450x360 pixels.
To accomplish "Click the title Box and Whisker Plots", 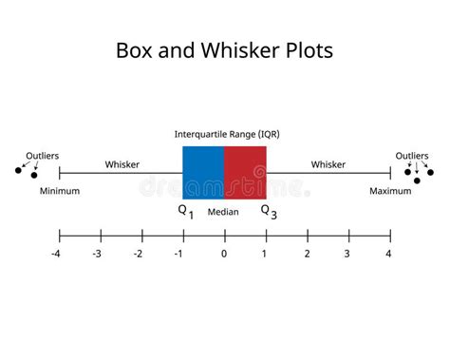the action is [x=224, y=50].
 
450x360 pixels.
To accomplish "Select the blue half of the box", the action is [x=203, y=172].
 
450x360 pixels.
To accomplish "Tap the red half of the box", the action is [x=245, y=172].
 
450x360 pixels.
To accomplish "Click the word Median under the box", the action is [x=224, y=212].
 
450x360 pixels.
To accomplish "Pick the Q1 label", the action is [x=186, y=212].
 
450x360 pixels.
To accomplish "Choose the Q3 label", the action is [x=270, y=212].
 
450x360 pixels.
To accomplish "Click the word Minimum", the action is [x=60, y=191].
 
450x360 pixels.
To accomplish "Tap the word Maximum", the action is [x=390, y=191].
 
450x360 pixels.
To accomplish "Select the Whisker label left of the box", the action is [x=122, y=164].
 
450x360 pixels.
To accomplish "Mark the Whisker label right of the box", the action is [x=328, y=164].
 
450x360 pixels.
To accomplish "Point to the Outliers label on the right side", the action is [x=412, y=155].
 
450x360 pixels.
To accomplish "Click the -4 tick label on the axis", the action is [x=57, y=254].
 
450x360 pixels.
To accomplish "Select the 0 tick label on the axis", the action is [x=224, y=254].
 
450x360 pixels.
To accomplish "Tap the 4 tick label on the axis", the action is [x=389, y=254].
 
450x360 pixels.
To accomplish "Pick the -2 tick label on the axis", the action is [x=140, y=254].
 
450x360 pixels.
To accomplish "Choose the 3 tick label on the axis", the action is [x=347, y=254].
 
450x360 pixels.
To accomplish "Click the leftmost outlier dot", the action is [x=18, y=171].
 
